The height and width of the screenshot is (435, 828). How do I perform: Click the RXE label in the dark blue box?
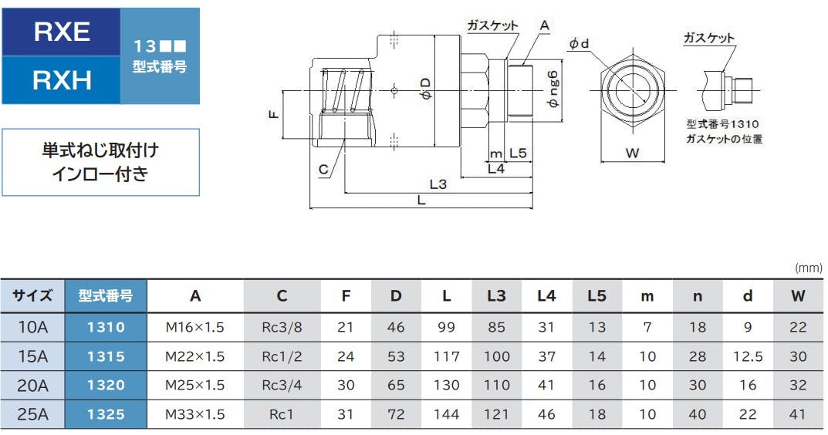62,32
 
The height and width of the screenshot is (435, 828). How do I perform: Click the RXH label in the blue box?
62,79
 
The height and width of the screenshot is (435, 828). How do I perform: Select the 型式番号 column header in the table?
106,295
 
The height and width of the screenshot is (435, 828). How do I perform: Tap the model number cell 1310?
106,327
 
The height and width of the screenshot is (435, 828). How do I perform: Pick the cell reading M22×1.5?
194,356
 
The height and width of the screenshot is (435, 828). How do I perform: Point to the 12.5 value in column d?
747,356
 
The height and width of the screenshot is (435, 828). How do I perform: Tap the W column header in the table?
797,295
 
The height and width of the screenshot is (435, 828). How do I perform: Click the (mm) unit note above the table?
808,268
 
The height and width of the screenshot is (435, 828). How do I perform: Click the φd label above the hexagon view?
579,45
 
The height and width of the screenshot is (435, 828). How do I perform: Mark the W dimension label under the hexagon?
632,153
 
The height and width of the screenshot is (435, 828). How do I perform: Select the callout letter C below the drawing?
323,169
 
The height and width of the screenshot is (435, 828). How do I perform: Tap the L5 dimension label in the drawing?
518,153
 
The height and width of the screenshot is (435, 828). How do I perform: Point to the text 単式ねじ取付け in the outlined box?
100,150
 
